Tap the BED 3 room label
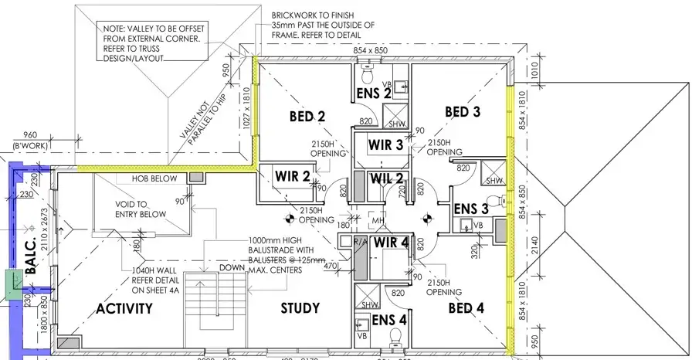463,112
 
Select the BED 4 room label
466,309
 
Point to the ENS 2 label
372,93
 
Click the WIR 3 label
385,144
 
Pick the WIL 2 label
387,179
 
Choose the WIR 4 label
391,243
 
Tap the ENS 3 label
471,209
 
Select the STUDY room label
300,309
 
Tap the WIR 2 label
292,176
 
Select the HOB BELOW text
154,178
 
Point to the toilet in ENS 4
395,338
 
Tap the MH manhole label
378,222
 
